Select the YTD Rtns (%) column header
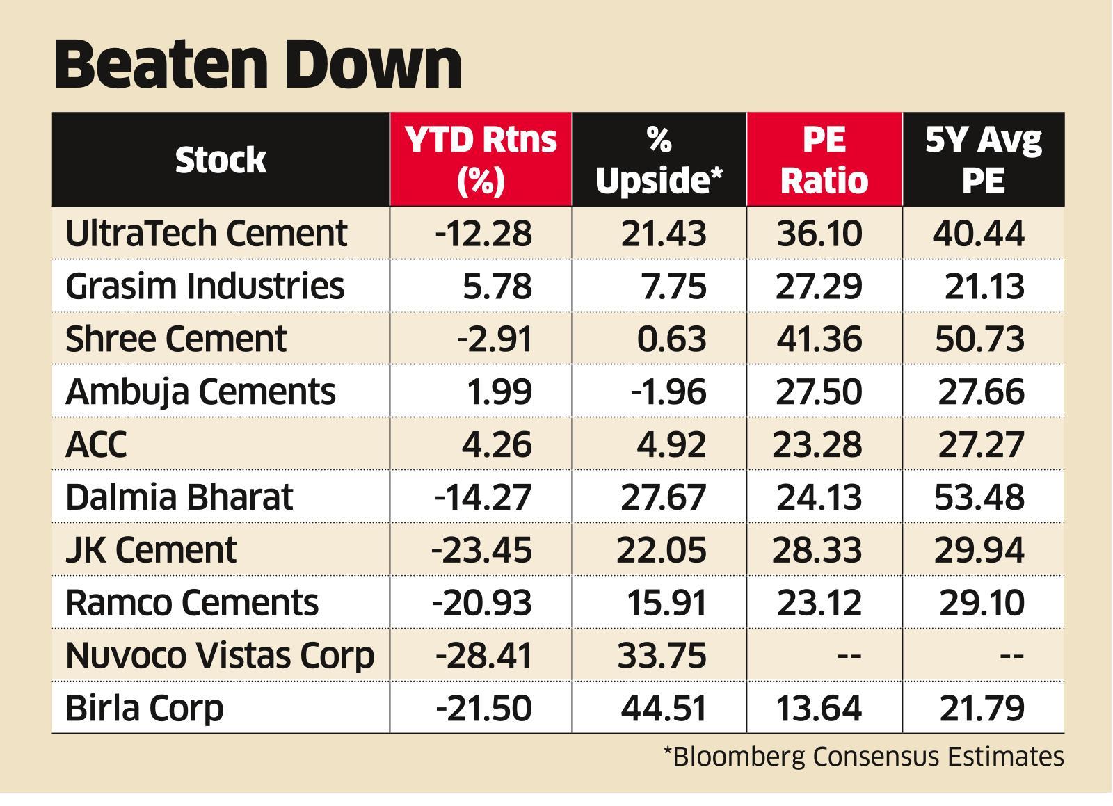pos(481,160)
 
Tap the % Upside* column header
pos(659,160)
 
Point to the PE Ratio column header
pos(824,160)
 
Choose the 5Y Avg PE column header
pos(983,160)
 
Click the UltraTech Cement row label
pos(206,233)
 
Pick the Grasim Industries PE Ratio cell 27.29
pos(819,286)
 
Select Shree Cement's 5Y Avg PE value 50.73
pos(979,339)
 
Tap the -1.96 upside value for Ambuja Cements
pos(668,392)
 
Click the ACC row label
pos(96,444)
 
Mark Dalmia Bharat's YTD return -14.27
pos(483,497)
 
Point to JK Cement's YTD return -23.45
pos(481,550)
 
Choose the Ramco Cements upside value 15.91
pos(666,602)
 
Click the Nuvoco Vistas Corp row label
pos(220,655)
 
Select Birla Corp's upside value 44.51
pos(664,708)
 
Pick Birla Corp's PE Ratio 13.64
pos(819,708)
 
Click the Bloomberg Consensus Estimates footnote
pos(863,756)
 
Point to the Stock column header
pos(221,160)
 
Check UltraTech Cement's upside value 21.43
pos(664,233)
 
